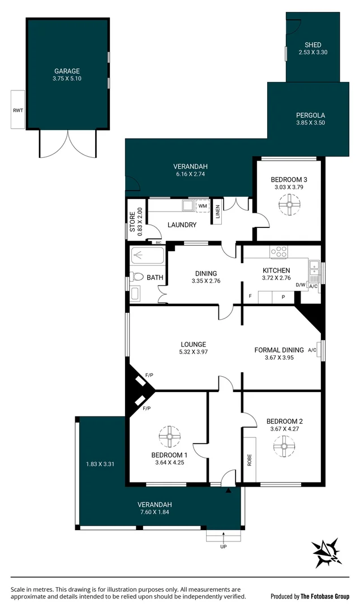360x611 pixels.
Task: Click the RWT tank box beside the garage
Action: tap(18, 109)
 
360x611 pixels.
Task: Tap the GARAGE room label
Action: tap(67, 71)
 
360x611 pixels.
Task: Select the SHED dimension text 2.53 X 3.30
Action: tap(313, 53)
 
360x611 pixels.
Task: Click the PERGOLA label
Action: tap(310, 114)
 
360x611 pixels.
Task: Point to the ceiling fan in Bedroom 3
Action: tap(289, 205)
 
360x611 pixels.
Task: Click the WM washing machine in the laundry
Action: tap(202, 206)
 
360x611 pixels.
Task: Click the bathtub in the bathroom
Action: tap(147, 256)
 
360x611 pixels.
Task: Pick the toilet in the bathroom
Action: tap(137, 277)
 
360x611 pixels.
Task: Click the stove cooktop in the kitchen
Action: tap(279, 251)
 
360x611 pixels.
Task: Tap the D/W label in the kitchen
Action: tap(300, 285)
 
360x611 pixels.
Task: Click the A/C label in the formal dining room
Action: tap(312, 350)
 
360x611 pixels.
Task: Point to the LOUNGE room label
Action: tap(193, 344)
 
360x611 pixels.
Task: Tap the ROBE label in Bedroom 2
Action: tap(249, 460)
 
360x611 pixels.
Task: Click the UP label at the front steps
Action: tap(223, 547)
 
